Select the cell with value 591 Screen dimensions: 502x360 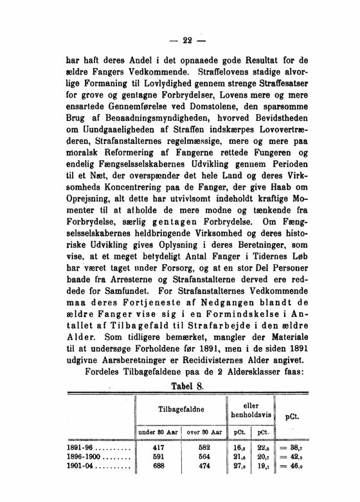point(157,456)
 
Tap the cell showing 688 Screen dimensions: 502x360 point(157,467)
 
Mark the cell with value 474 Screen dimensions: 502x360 point(204,467)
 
